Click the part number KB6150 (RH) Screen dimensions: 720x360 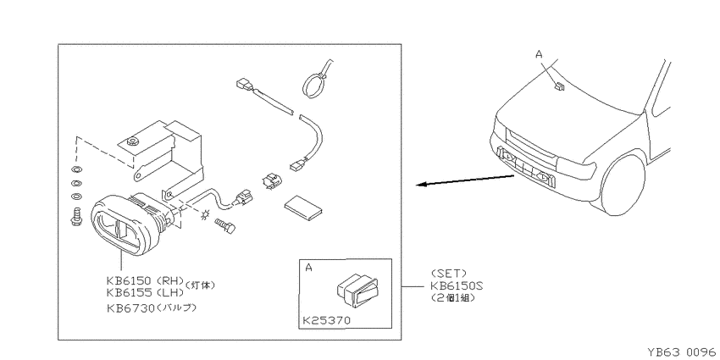click(x=145, y=280)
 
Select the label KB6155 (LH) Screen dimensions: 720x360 click(x=145, y=292)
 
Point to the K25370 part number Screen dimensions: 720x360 click(x=325, y=320)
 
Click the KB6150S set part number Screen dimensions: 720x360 click(x=457, y=285)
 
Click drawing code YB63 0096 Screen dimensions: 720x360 click(x=681, y=352)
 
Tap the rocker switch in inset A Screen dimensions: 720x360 click(x=357, y=291)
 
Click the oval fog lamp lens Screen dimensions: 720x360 click(x=125, y=225)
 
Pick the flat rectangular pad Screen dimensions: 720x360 click(x=303, y=208)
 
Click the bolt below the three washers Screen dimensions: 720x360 click(x=75, y=217)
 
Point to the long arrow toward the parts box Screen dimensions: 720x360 click(x=465, y=180)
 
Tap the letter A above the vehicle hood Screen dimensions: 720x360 click(x=539, y=54)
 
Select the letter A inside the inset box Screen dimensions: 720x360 click(x=308, y=267)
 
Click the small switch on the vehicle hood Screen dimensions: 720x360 click(x=558, y=86)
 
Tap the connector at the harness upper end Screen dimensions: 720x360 click(x=243, y=85)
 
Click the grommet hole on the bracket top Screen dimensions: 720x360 click(x=133, y=141)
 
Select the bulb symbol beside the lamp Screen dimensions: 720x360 click(x=205, y=213)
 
